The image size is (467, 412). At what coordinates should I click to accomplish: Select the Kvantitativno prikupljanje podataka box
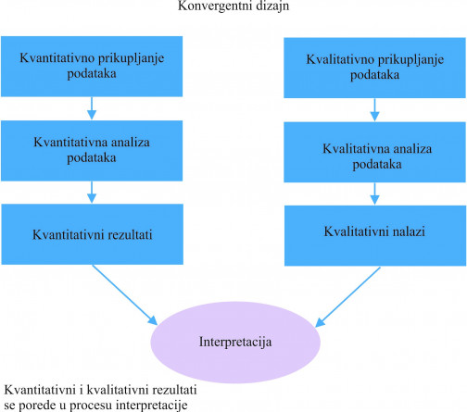coord(92,67)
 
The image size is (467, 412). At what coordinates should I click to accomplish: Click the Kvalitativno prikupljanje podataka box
coord(374,68)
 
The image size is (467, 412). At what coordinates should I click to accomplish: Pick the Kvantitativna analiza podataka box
coord(92,151)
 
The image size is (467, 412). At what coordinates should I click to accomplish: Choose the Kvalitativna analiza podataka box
coord(374,152)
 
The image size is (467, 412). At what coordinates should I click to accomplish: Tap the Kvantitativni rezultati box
coord(93,234)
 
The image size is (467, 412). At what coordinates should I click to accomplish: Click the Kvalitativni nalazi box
coord(375,236)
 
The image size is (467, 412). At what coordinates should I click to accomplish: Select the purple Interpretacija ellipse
coord(235,343)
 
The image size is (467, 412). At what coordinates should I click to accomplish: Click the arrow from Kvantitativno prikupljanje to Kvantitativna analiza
coord(92,108)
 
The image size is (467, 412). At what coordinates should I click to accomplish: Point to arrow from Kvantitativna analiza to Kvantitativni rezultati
coord(92,192)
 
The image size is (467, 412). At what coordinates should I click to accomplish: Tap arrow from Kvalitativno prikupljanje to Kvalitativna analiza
coord(374,110)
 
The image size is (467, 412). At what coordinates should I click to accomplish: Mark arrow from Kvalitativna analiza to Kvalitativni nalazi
coord(374,194)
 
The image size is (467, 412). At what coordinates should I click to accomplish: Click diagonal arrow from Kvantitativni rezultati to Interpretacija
coord(125,294)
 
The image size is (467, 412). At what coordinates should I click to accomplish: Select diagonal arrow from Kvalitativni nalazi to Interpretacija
coord(347,297)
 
